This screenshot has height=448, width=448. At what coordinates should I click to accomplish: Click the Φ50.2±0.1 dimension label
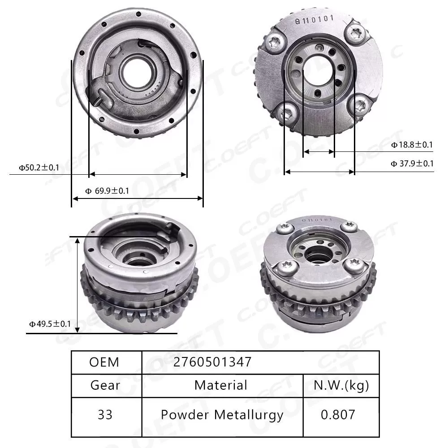(x=39, y=168)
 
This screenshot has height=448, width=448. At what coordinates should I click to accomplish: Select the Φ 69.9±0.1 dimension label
(x=107, y=191)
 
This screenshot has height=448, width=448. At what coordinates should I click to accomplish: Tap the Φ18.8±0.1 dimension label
(x=412, y=144)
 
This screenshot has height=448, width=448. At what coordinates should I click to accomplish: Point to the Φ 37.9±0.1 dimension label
(x=412, y=164)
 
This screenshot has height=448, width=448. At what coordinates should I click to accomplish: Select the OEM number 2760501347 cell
(x=213, y=362)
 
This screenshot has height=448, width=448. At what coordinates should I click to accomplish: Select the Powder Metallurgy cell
(x=222, y=415)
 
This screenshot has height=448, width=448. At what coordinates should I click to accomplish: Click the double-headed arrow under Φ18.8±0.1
(x=319, y=152)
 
